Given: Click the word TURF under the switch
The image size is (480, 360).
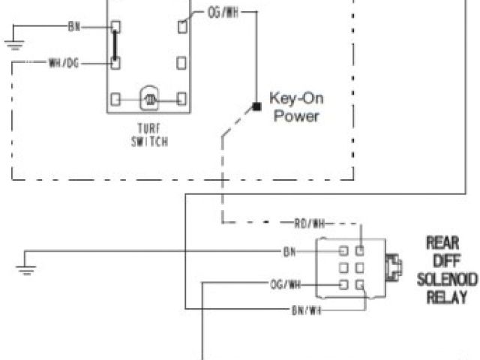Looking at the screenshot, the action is (148, 127).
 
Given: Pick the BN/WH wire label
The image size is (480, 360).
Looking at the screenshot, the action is (306, 309).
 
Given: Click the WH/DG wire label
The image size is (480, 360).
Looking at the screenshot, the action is (63, 64).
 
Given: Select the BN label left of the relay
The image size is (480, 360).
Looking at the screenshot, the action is (289, 251).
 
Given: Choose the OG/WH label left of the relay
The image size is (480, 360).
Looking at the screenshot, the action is (285, 284).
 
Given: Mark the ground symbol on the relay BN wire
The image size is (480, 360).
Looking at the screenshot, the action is (27, 268).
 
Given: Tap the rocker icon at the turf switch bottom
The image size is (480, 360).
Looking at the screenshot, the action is (148, 98).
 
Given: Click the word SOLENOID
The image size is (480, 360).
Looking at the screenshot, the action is (447, 279).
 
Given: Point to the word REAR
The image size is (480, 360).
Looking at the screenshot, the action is (442, 243).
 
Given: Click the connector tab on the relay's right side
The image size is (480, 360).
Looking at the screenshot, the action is (391, 267).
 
